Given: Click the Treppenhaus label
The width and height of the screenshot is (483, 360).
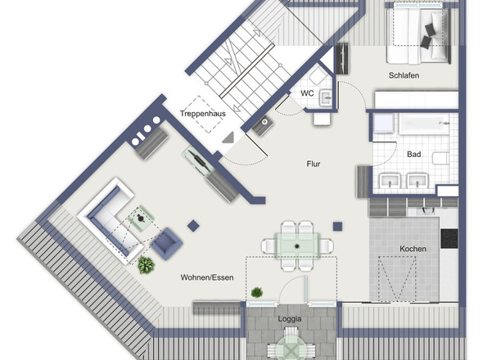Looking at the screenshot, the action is (x=203, y=114).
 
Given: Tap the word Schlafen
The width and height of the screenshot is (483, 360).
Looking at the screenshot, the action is (x=404, y=75).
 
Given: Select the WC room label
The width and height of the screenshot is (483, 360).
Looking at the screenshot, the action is (x=307, y=93).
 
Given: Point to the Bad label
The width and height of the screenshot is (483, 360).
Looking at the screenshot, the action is (x=413, y=155).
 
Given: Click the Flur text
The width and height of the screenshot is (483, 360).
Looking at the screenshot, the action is (x=314, y=164).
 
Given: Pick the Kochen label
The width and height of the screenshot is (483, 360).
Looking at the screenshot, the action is (x=413, y=249).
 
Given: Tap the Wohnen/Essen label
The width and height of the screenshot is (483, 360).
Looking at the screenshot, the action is (x=207, y=277).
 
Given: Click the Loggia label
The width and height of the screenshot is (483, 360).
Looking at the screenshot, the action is (x=290, y=319).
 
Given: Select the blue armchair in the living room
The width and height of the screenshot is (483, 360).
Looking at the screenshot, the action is (x=167, y=244).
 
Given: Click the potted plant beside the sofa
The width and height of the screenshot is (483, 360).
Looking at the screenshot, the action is (x=146, y=265).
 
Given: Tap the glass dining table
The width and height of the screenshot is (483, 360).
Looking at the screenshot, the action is (x=297, y=245).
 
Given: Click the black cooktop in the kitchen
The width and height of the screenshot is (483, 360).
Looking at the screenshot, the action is (x=449, y=239).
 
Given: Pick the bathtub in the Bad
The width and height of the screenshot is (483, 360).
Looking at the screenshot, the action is (x=424, y=124).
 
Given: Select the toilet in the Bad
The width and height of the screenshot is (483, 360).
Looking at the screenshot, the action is (x=440, y=158).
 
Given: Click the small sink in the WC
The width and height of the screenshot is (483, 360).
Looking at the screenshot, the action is (x=326, y=98).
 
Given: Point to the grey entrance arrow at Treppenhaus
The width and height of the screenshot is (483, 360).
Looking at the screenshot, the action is (x=229, y=137).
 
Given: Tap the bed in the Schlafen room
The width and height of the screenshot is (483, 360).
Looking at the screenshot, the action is (x=419, y=34).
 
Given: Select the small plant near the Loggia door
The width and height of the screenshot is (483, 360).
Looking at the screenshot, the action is (x=256, y=292).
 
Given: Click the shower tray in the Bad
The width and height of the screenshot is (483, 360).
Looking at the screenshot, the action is (x=383, y=124).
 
